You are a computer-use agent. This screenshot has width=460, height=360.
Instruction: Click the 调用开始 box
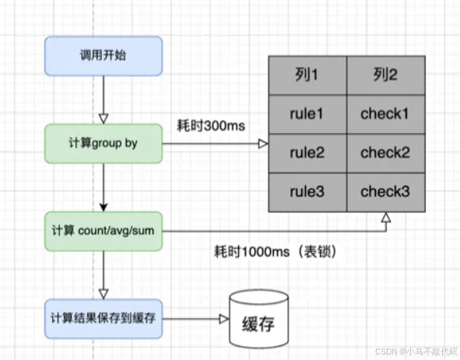(104, 56)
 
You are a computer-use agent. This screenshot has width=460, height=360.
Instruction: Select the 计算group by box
(104, 144)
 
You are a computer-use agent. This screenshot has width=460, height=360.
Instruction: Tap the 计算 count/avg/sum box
(104, 231)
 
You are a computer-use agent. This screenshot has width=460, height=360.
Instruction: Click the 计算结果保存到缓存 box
(104, 319)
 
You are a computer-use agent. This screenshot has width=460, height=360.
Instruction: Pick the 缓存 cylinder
(258, 319)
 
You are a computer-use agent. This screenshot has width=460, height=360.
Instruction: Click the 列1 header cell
(307, 75)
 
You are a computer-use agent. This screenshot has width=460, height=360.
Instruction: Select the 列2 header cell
(386, 75)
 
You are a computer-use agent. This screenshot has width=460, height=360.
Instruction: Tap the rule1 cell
(307, 114)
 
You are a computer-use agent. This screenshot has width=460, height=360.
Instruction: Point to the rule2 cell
(307, 153)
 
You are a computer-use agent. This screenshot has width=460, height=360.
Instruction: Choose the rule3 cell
(307, 192)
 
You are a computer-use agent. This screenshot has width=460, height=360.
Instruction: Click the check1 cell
(386, 114)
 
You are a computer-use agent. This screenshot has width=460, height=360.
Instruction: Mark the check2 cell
(386, 153)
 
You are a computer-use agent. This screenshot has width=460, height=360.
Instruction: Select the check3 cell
(386, 192)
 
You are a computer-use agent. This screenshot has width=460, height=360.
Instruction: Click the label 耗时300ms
(211, 126)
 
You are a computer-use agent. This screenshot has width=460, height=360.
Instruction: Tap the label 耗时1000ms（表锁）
(276, 251)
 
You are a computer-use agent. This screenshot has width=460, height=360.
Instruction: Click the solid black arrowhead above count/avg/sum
(104, 207)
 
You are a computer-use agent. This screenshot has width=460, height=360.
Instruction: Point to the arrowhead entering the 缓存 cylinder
(224, 319)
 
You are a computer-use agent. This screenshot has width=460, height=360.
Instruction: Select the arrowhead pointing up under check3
(386, 217)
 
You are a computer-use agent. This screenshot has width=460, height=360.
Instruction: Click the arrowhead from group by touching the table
(263, 144)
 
